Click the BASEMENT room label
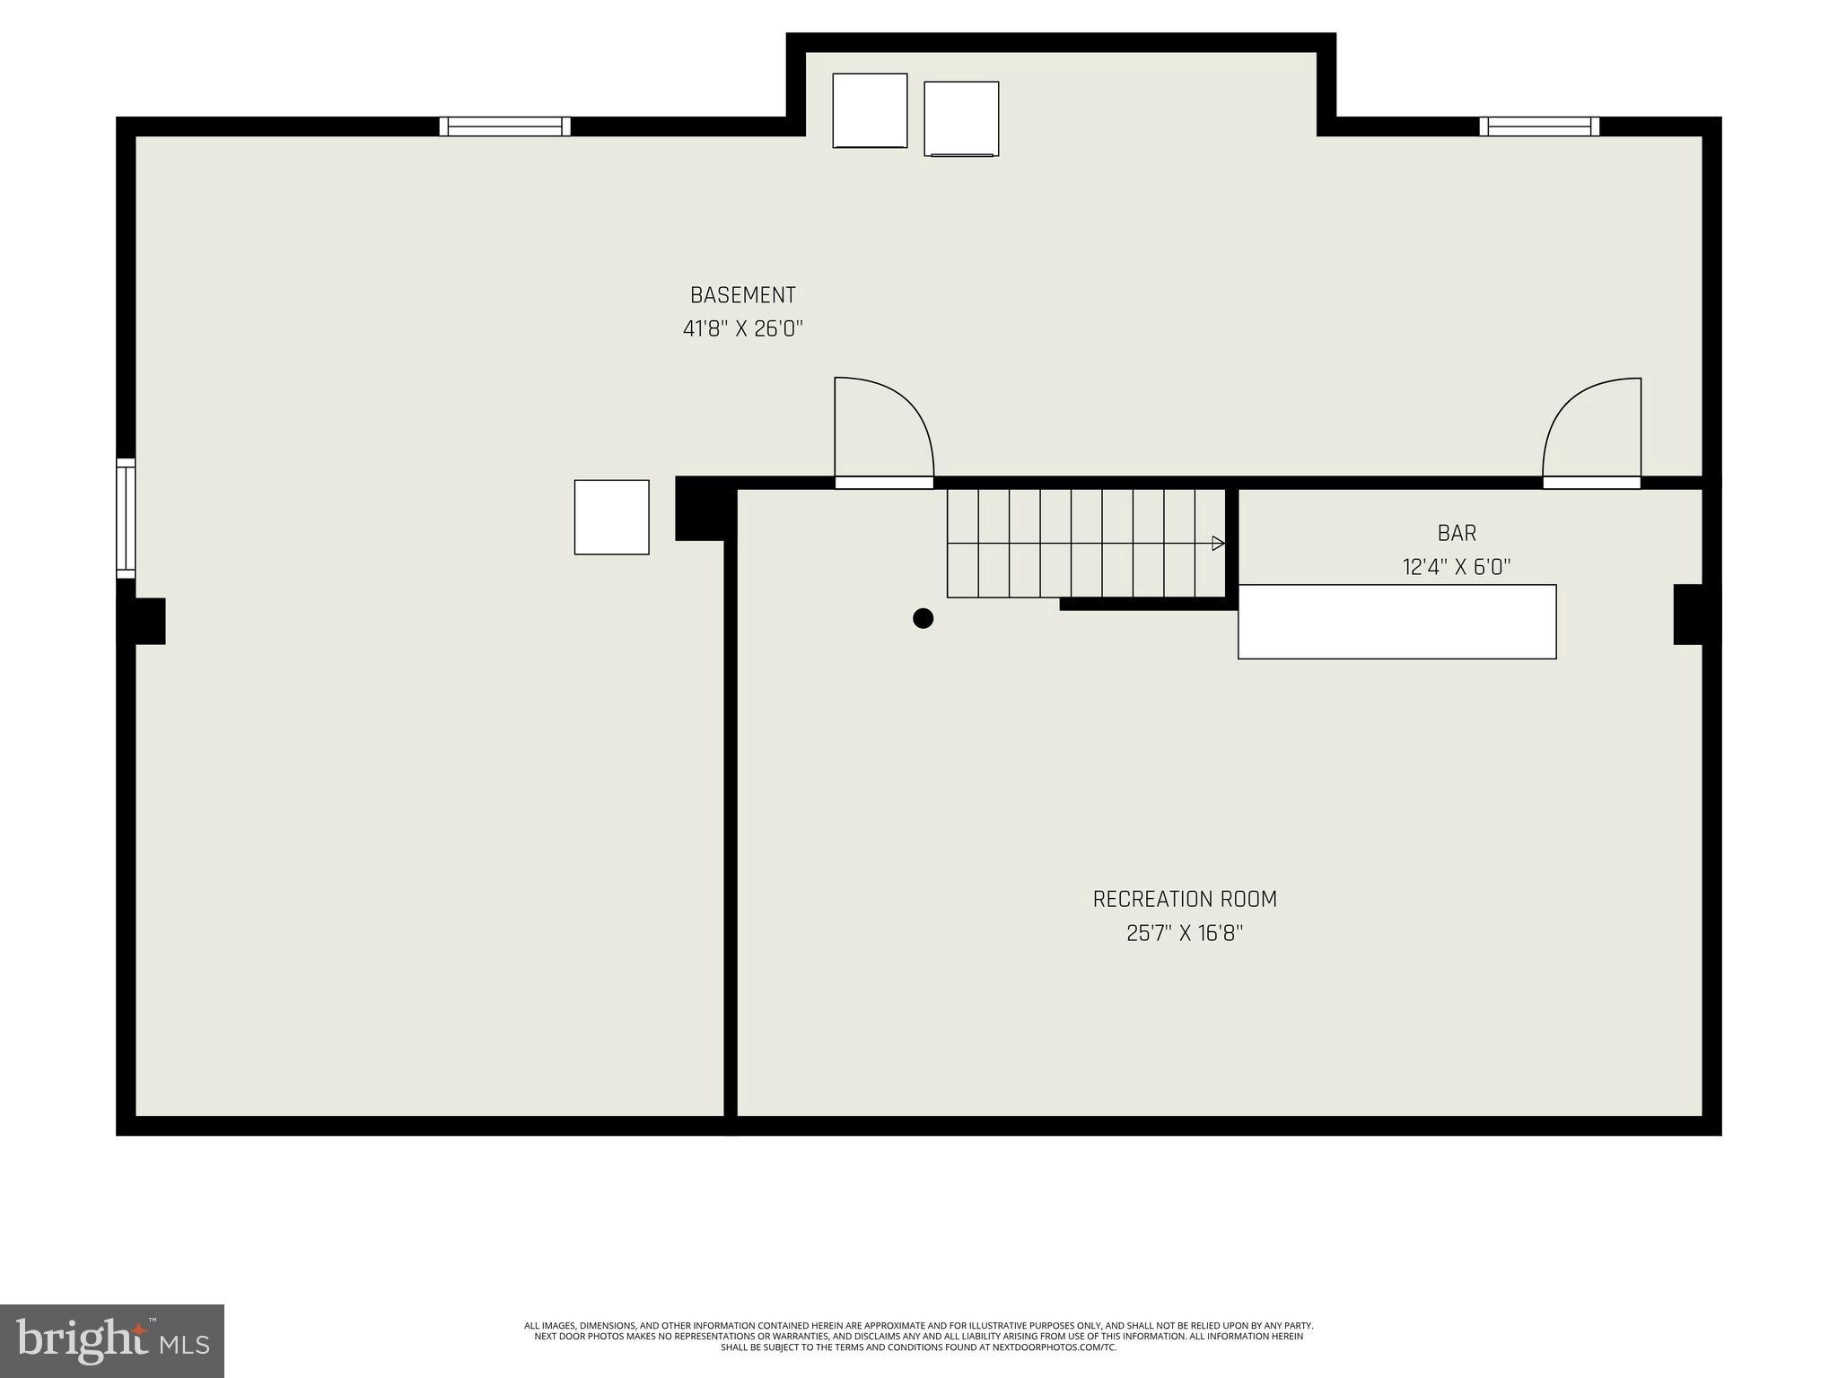(x=742, y=295)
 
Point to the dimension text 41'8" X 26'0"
(x=742, y=329)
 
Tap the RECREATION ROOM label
(x=1185, y=899)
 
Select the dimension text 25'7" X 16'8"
(x=1185, y=934)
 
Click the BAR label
(x=1457, y=533)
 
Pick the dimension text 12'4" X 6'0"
(x=1457, y=567)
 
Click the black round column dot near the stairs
(x=923, y=618)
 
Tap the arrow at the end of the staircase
(x=1218, y=543)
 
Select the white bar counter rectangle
(x=1396, y=622)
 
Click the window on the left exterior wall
(x=126, y=518)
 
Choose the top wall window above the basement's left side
(x=504, y=126)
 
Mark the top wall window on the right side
(x=1539, y=126)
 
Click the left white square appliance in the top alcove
(x=870, y=110)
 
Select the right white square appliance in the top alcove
(x=961, y=118)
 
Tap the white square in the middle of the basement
(x=611, y=517)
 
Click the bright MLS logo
(x=112, y=1340)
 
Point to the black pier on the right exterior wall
(x=1695, y=615)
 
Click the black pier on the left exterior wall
(x=143, y=621)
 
